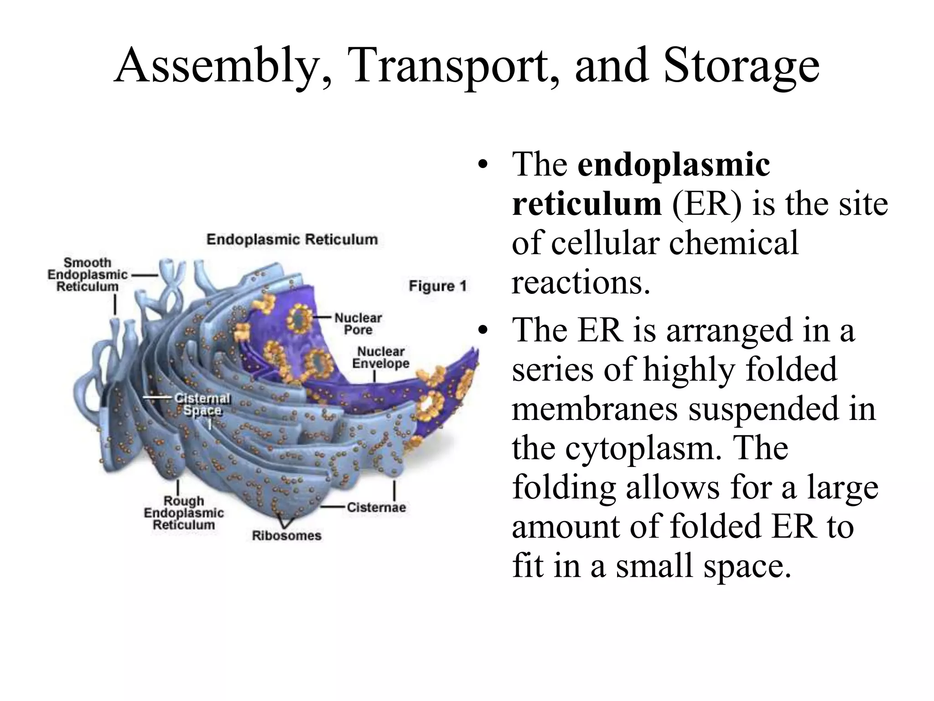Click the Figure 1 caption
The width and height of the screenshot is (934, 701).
click(437, 286)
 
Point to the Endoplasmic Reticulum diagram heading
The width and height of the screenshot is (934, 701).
click(292, 240)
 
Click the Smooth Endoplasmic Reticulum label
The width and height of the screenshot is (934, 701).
click(87, 275)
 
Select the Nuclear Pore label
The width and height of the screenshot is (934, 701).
click(358, 324)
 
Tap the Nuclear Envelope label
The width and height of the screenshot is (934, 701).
click(381, 357)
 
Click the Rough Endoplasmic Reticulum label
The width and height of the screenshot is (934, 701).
click(184, 513)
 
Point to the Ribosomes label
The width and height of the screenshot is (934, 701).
click(286, 535)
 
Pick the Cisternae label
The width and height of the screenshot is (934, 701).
click(376, 507)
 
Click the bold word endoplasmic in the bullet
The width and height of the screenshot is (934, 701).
click(674, 164)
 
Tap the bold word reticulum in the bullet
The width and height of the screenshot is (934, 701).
click(586, 204)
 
